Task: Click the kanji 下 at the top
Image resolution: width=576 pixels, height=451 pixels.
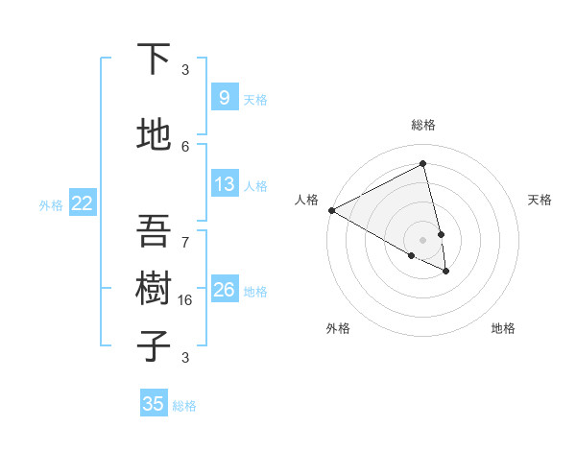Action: coord(154,59)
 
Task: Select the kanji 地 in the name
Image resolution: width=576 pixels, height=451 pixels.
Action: coord(154,135)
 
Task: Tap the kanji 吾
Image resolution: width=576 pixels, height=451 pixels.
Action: coord(154,231)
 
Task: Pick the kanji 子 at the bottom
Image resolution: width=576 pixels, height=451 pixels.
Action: coord(154,345)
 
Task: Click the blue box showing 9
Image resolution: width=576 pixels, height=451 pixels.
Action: coord(224,97)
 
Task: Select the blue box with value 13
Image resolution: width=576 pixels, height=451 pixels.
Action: coord(224,184)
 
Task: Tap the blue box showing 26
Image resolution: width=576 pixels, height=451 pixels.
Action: coord(224,290)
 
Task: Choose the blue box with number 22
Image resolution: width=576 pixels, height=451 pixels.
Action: coord(83,203)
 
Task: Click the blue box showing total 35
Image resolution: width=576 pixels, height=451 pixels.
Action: coord(154,404)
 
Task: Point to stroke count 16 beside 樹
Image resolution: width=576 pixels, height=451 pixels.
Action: coord(185,299)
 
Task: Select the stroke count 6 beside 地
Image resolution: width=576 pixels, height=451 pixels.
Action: coord(185,146)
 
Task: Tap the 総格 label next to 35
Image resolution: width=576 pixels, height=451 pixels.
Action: coord(184,406)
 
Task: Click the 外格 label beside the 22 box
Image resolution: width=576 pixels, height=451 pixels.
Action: coord(51,204)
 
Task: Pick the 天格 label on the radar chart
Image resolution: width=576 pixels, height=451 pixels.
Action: coord(540,200)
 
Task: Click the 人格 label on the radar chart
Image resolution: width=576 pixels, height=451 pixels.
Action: coord(306,200)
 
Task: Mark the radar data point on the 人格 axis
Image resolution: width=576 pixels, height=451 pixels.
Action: coord(331,210)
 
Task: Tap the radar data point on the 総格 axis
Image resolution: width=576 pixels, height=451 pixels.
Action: coord(422,164)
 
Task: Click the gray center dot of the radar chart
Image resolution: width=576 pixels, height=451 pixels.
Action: coord(422,239)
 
